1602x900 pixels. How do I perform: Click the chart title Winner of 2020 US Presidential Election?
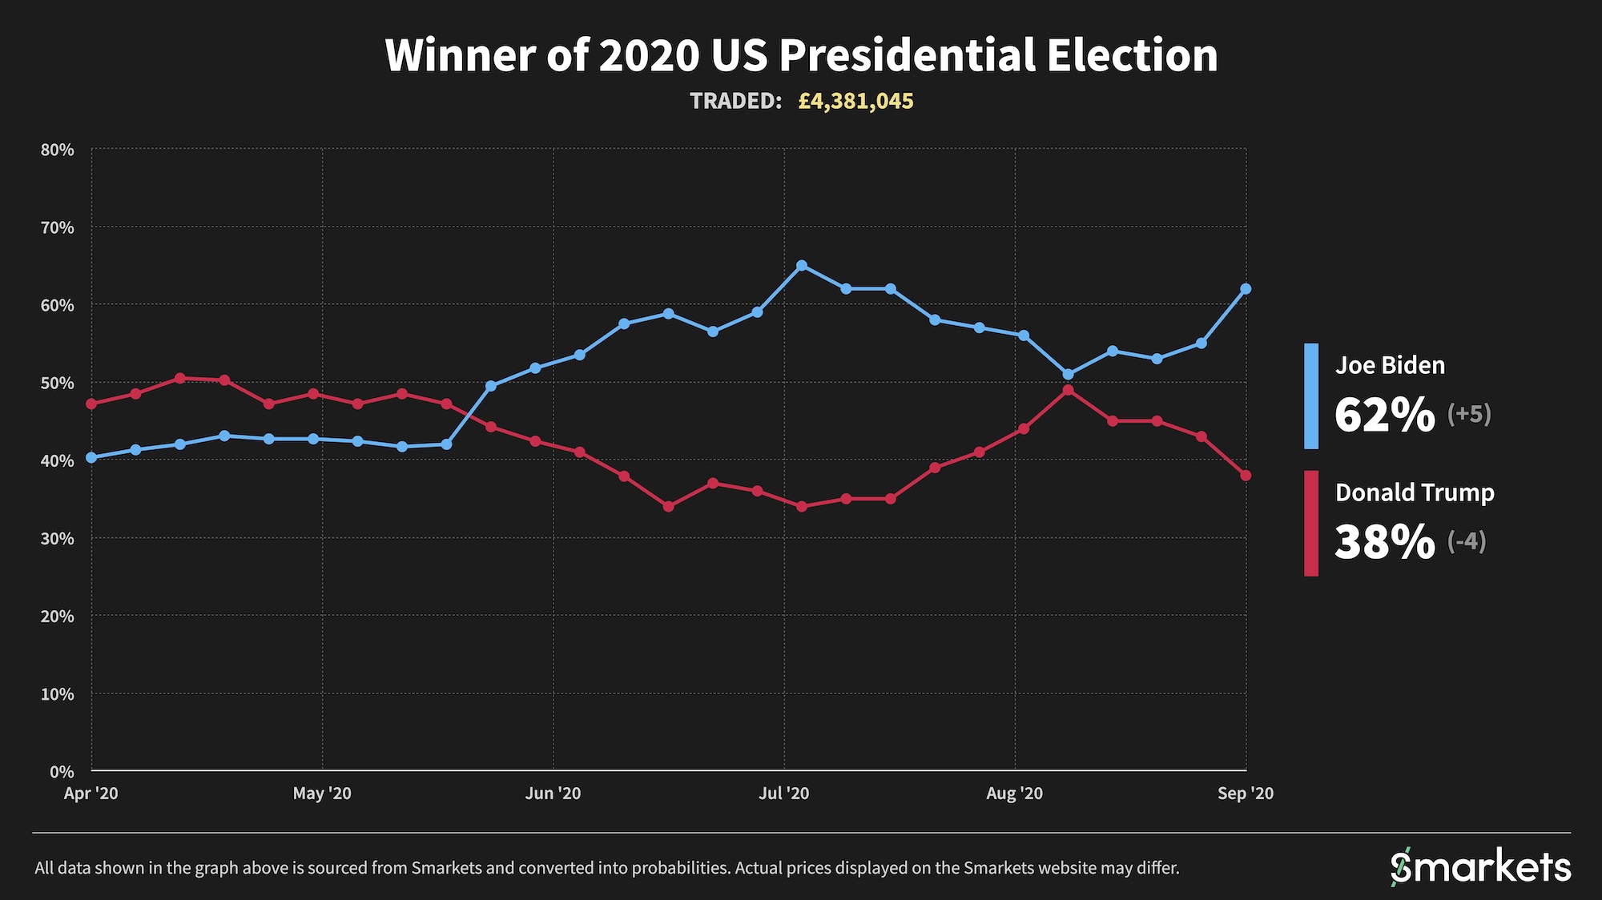click(801, 55)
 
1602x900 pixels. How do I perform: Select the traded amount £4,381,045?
click(855, 101)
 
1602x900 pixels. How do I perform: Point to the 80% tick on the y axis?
click(58, 150)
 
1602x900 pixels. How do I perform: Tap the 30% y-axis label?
click(58, 538)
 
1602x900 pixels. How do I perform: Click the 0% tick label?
click(62, 772)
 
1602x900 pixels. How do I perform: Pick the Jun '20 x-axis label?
click(553, 794)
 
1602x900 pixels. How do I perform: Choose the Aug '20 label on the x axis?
click(1014, 794)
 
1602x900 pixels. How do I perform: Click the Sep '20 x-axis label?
click(1245, 794)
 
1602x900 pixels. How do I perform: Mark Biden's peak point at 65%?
click(802, 265)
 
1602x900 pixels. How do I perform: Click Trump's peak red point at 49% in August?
click(1068, 390)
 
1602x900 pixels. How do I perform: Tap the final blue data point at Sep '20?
click(1246, 289)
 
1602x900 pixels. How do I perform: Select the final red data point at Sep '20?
click(1246, 476)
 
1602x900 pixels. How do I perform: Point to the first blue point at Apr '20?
click(91, 457)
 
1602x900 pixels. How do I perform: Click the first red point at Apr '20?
click(91, 404)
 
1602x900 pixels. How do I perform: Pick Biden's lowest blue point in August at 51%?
click(1068, 374)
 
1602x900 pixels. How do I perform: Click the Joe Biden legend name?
click(1390, 365)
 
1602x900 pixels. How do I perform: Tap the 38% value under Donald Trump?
click(1385, 542)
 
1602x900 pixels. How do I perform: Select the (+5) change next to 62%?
click(1469, 414)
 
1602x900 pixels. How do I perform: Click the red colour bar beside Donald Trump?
click(1311, 524)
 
